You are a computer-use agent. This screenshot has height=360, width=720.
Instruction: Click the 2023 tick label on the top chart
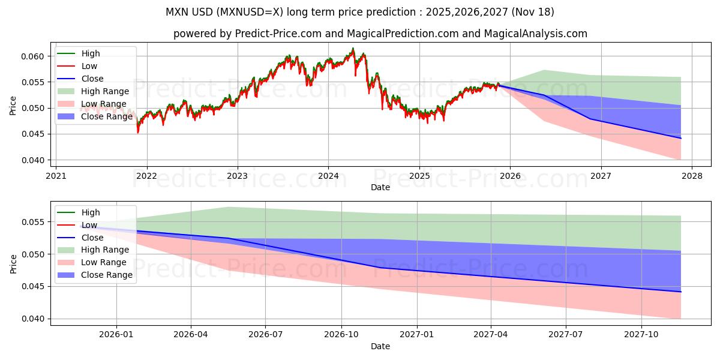(x=237, y=176)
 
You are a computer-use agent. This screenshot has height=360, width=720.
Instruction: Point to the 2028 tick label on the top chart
(x=691, y=176)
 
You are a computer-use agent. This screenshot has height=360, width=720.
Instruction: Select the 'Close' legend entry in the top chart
(x=92, y=79)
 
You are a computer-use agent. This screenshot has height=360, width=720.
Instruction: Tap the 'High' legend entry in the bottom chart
(x=90, y=212)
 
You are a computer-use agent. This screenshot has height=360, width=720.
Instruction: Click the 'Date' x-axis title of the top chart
(x=380, y=187)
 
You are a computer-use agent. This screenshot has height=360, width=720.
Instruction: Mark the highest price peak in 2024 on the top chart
(x=353, y=48)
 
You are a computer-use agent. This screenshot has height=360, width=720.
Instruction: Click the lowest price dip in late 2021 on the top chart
(x=138, y=132)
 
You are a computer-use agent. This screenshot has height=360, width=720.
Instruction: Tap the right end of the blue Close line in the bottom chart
(x=680, y=292)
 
